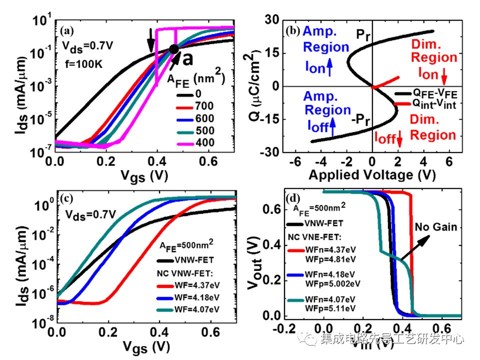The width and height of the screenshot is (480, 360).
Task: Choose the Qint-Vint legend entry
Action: coord(433,103)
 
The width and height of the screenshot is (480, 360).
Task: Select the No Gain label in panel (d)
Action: coord(435,228)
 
